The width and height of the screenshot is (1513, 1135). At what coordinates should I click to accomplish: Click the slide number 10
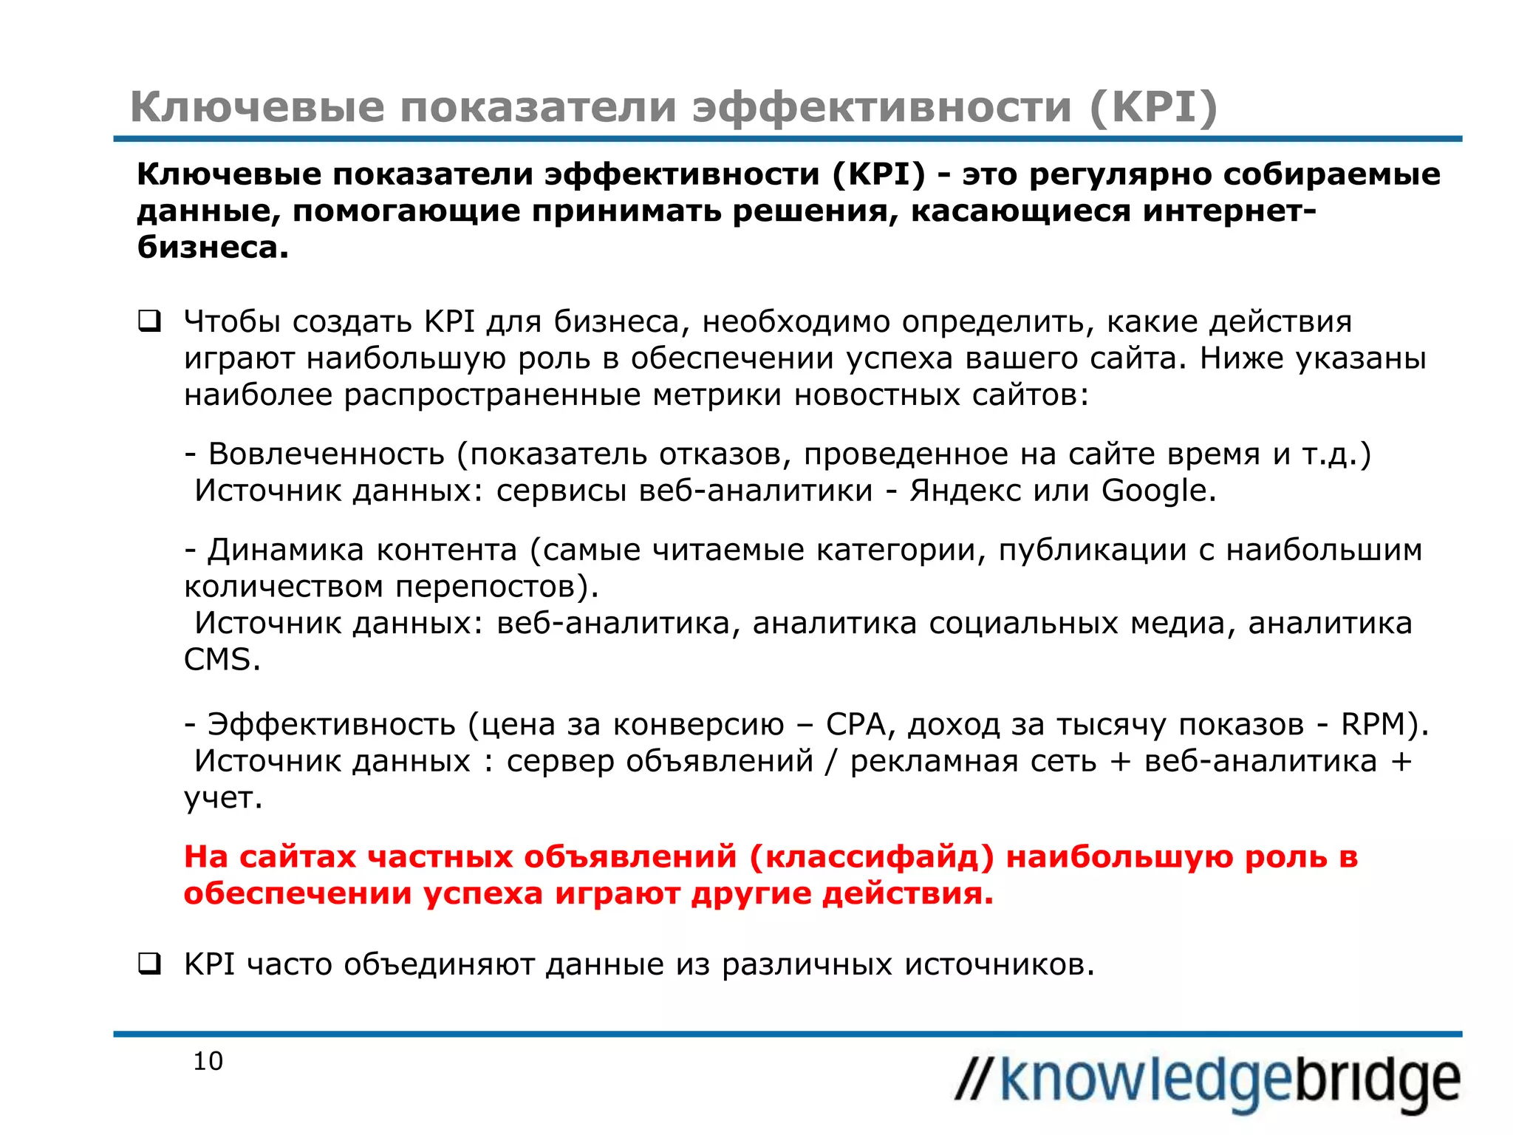click(208, 1061)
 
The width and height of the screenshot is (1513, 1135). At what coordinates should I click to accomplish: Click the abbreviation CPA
click(855, 724)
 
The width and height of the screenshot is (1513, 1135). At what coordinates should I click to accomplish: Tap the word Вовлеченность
click(326, 454)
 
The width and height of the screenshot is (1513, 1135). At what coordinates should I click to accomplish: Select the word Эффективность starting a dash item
click(331, 724)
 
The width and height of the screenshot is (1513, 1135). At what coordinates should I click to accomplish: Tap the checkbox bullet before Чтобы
click(149, 322)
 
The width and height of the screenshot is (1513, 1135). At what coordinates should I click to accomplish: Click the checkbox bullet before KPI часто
click(149, 964)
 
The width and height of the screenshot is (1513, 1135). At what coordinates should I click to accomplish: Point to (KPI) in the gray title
click(1153, 107)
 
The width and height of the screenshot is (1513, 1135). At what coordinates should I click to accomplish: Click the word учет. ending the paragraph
click(223, 797)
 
